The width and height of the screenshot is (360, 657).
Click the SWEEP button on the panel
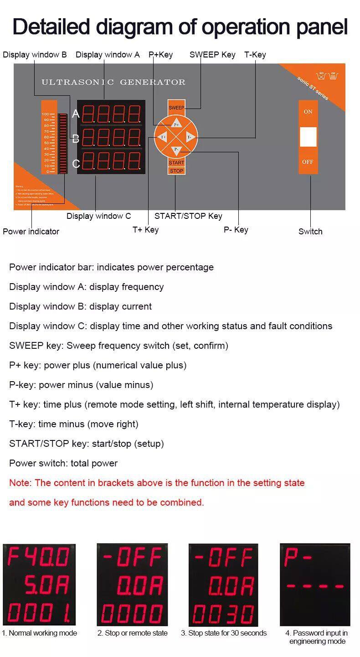click(176, 108)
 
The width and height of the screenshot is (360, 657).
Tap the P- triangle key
click(176, 150)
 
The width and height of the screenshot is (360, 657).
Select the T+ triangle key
click(163, 137)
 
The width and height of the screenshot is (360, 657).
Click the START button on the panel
click(176, 163)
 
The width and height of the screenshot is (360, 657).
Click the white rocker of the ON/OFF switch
click(308, 137)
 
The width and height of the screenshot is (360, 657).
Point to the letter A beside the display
click(76, 114)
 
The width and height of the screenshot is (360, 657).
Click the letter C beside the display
click(76, 164)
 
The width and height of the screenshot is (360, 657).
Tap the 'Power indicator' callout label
click(31, 231)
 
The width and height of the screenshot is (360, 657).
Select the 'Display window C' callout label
click(98, 216)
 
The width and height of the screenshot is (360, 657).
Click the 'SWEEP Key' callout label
click(212, 55)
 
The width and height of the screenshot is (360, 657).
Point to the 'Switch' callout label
click(310, 231)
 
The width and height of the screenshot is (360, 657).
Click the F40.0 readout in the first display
click(39, 557)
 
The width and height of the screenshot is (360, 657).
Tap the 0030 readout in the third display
click(223, 614)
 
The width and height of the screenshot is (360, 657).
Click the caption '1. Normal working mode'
click(39, 633)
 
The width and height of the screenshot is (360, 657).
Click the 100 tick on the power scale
click(46, 114)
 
